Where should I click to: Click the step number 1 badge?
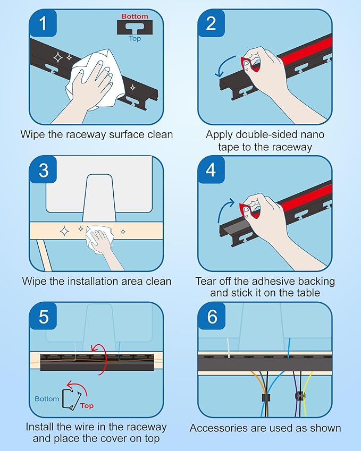(x=43, y=23)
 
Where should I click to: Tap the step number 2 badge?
(x=212, y=23)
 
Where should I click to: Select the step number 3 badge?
(x=43, y=169)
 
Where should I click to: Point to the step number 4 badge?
(x=212, y=169)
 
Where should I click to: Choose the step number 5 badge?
(x=43, y=317)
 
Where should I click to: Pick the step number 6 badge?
(x=212, y=317)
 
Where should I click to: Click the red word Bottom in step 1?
(x=135, y=16)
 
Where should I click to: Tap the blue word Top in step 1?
(x=135, y=39)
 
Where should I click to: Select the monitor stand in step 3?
(x=99, y=198)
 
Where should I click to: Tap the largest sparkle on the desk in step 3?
(x=64, y=231)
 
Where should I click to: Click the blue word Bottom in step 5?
(x=47, y=399)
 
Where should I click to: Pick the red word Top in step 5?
(x=87, y=406)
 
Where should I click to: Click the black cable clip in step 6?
(x=266, y=398)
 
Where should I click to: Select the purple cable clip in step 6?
(x=300, y=396)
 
